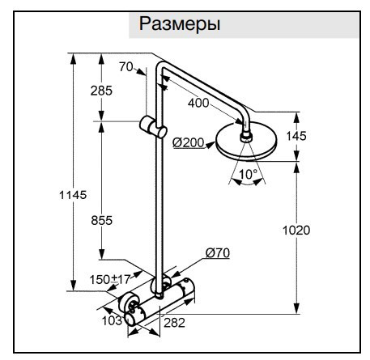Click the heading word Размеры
[180, 24]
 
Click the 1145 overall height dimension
[73, 195]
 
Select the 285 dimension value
[101, 91]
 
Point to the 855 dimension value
[101, 221]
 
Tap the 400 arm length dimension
[198, 103]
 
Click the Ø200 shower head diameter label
[189, 142]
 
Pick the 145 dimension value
[296, 136]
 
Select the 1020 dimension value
[296, 231]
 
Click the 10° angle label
[248, 174]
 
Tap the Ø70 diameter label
[218, 253]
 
